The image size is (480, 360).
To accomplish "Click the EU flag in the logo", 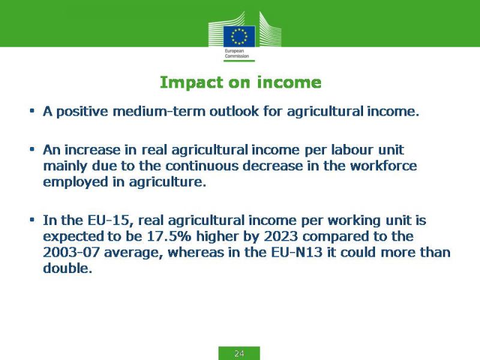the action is (239, 37).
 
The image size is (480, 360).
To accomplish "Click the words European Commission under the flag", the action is (236, 53).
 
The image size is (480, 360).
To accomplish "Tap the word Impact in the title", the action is (191, 83).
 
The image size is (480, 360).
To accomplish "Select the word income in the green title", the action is (289, 83).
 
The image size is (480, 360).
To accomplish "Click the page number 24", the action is (239, 353).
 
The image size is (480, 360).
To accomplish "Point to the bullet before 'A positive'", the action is (32, 110).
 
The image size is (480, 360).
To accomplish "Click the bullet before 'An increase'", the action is (32, 149).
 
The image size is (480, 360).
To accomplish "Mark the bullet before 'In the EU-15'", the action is (32, 220).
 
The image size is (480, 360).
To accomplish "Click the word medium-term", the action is (159, 111).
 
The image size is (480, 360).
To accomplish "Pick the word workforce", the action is (383, 166).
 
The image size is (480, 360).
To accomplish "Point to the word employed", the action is (76, 182).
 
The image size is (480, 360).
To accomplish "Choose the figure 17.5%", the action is (169, 236).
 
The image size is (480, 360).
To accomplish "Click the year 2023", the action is (281, 236).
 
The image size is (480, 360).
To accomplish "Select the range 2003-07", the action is (71, 252).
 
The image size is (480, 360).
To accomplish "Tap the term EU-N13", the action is (296, 252).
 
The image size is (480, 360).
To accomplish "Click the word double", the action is (67, 268).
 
